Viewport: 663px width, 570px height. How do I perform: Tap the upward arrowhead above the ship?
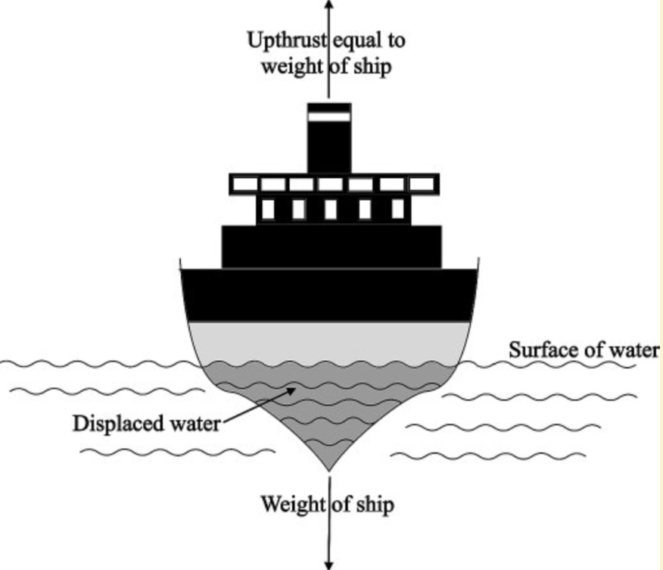328,5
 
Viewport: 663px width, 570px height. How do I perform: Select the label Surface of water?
584,350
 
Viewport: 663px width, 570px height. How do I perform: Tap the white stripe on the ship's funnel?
329,117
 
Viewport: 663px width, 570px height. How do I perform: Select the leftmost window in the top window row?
244,184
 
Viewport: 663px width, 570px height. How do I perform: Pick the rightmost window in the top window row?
422,184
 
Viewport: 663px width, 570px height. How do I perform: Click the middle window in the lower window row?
330,209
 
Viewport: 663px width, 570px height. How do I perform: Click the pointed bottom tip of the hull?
329,468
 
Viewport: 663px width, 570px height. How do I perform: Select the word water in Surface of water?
633,350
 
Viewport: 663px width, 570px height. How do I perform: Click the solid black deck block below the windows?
331,246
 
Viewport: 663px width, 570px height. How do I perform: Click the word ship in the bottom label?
376,504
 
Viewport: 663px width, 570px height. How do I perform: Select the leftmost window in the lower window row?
267,209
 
